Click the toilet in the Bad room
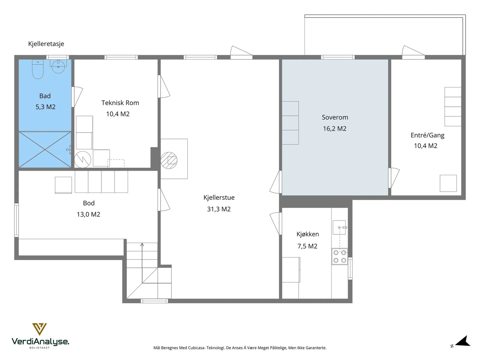37,69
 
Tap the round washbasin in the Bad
58,66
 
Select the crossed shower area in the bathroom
45,149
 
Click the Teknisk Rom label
120,103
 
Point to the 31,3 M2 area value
219,209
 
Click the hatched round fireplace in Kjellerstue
169,160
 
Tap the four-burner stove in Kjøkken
339,256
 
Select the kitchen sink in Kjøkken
339,227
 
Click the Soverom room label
335,117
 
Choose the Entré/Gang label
427,135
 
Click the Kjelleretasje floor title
46,44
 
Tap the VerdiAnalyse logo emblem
39,329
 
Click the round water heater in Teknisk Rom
82,160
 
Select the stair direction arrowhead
142,244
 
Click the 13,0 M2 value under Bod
88,214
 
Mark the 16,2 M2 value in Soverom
334,128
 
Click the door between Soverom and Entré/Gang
394,178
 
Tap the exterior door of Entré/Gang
413,52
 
